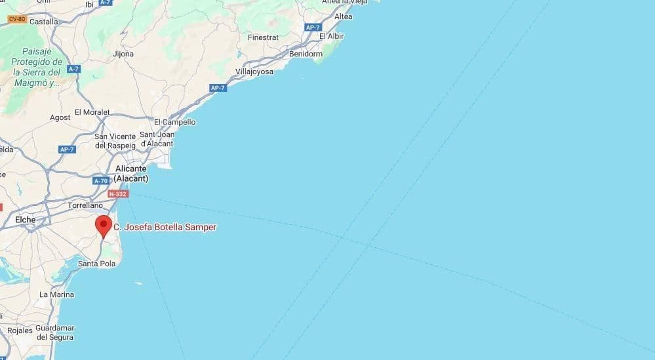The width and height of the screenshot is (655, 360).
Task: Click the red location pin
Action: click(104, 225)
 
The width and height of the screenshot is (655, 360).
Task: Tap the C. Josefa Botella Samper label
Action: click(165, 227)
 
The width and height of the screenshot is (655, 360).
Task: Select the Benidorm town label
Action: click(306, 54)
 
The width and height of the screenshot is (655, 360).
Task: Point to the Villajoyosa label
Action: click(254, 71)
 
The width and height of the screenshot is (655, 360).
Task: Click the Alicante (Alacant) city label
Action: click(131, 173)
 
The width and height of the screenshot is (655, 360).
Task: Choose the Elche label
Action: click(26, 219)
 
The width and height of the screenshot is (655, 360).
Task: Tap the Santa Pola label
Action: click(96, 264)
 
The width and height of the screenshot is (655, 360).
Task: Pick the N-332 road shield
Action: click(118, 194)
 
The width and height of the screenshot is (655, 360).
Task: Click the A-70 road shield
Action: click(100, 181)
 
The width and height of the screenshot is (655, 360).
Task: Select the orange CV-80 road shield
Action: click(16, 19)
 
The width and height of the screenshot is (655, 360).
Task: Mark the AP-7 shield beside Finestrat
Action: click(313, 27)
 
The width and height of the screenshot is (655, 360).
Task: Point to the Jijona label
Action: click(123, 54)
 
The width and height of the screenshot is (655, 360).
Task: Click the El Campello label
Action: click(174, 122)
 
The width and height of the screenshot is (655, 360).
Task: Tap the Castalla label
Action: click(44, 22)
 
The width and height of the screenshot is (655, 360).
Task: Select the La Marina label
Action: click(56, 294)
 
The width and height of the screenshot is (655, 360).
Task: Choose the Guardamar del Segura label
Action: click(55, 332)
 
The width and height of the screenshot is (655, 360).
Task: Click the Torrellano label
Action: click(85, 205)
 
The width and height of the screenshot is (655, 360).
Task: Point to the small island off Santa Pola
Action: click(138, 283)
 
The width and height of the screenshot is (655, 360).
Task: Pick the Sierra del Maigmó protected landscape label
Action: click(37, 67)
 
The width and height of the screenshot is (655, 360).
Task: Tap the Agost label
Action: click(60, 117)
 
